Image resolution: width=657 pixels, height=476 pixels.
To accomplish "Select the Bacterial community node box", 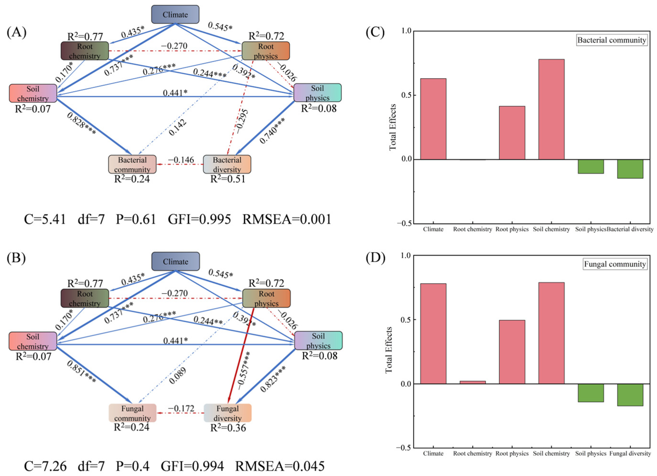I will (132, 164).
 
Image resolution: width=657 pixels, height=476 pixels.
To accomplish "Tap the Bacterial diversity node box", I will (227, 164).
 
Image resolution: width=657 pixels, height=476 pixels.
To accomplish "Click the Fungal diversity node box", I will (227, 413).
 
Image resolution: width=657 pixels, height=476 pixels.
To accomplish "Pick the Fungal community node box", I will (132, 413).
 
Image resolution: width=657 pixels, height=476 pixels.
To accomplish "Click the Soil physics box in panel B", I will (318, 341).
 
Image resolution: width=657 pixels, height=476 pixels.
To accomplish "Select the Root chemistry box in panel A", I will (85, 51).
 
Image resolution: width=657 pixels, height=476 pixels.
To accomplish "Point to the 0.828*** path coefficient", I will (81, 124).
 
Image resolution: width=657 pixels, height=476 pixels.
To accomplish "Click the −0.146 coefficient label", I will (181, 160).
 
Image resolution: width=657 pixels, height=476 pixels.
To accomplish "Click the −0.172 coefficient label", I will (181, 408).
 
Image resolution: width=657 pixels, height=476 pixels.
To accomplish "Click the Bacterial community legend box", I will (612, 40).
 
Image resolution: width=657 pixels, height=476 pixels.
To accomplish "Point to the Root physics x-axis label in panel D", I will (512, 453).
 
